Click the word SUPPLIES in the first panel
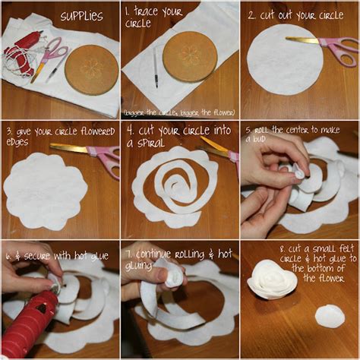tap(81, 16)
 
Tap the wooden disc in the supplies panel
tap(90, 69)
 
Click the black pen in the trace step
tap(155, 68)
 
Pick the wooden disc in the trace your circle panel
tap(189, 56)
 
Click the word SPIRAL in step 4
tap(144, 143)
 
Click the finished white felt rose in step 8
tap(271, 279)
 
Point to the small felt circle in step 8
tap(330, 316)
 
